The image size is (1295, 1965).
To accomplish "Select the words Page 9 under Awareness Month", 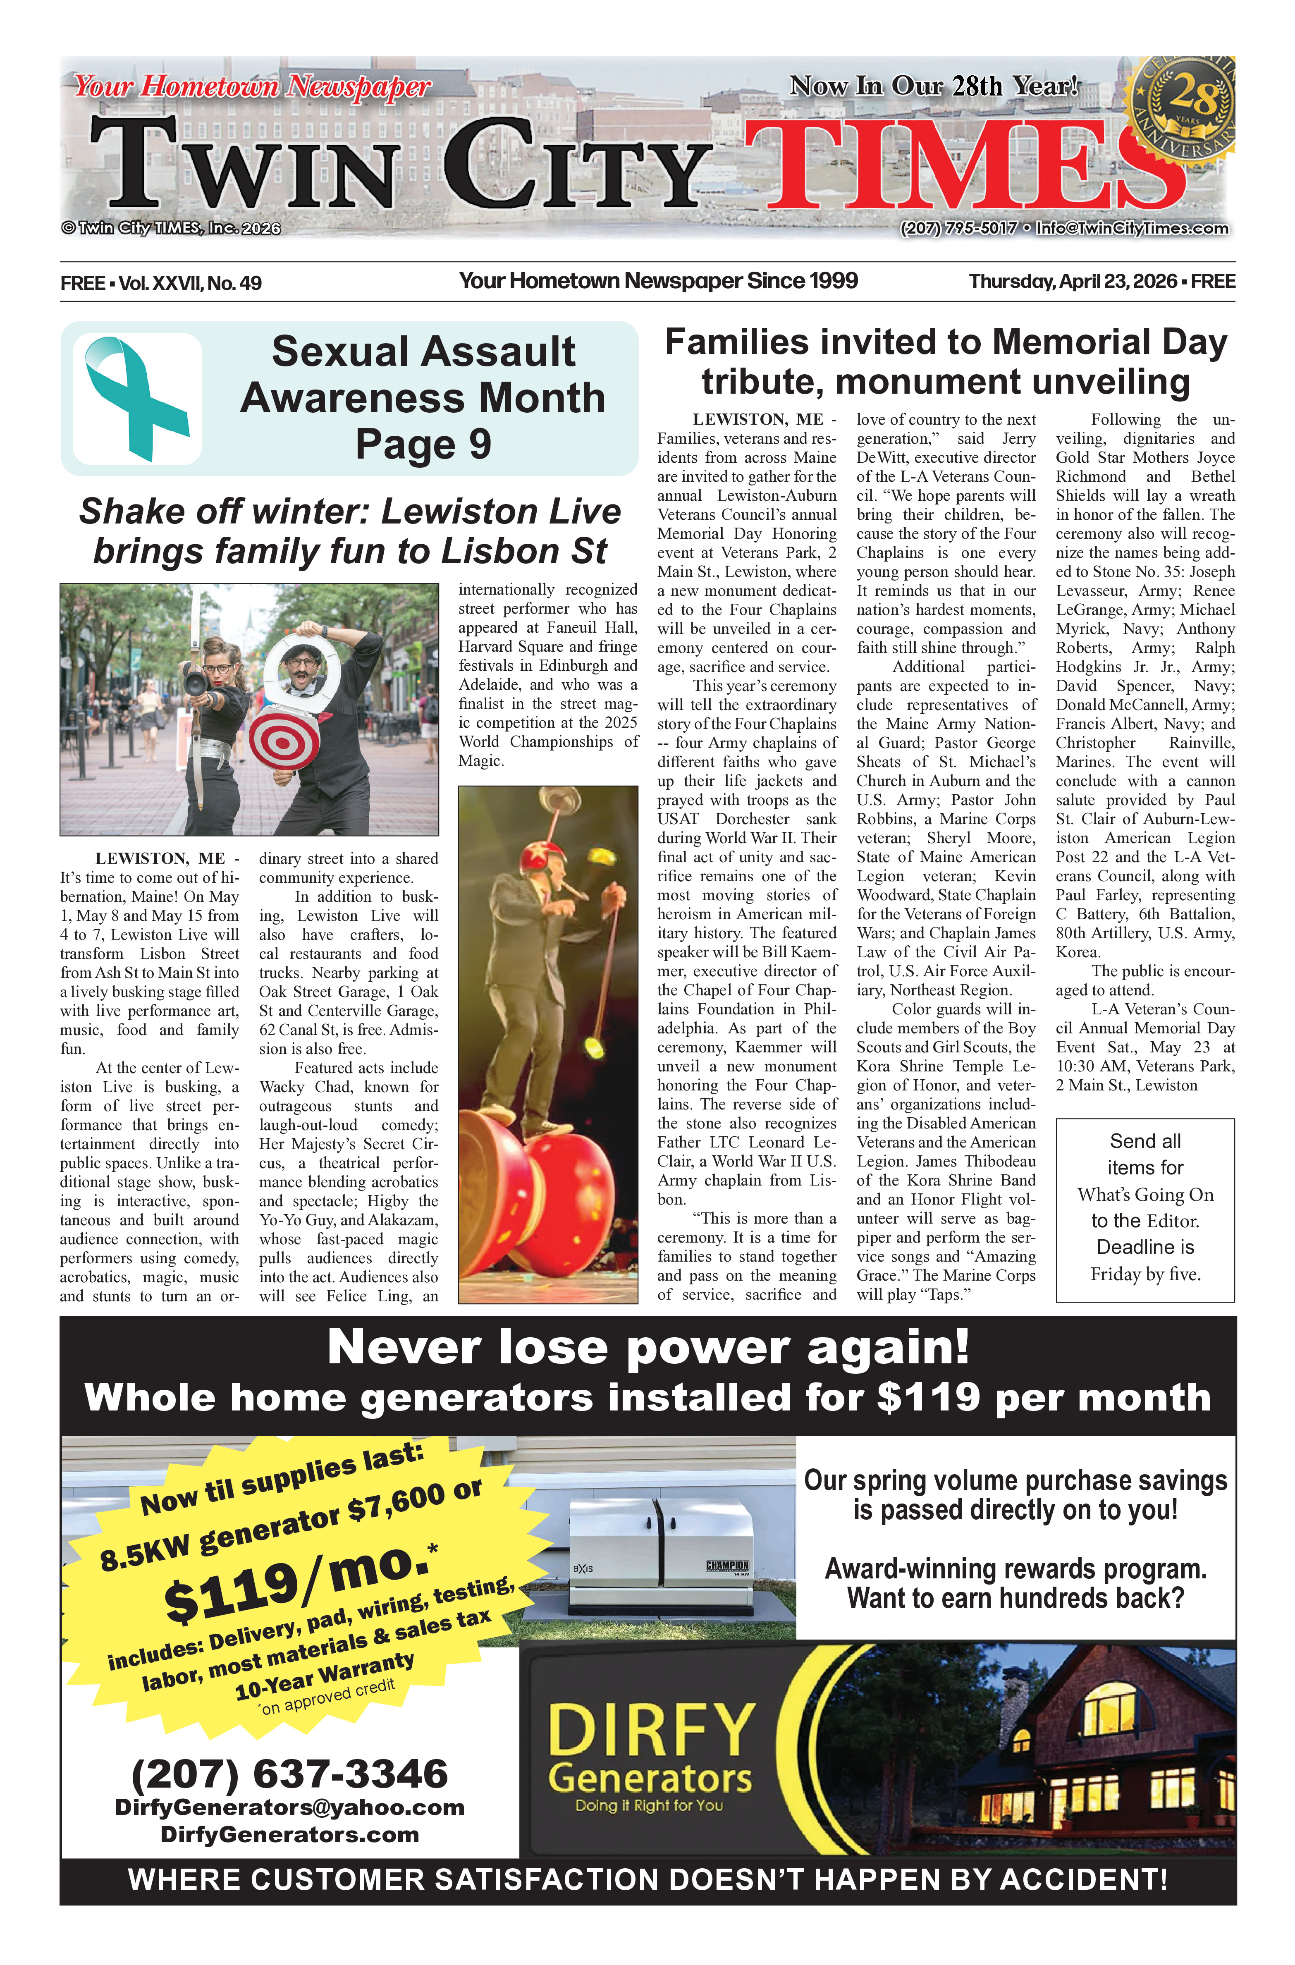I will (423, 444).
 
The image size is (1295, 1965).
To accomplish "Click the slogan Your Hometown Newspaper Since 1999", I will (658, 281).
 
